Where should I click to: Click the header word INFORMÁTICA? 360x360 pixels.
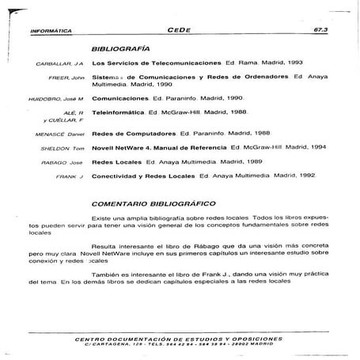click(50, 32)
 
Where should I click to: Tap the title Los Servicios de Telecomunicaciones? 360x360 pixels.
click(157, 62)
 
